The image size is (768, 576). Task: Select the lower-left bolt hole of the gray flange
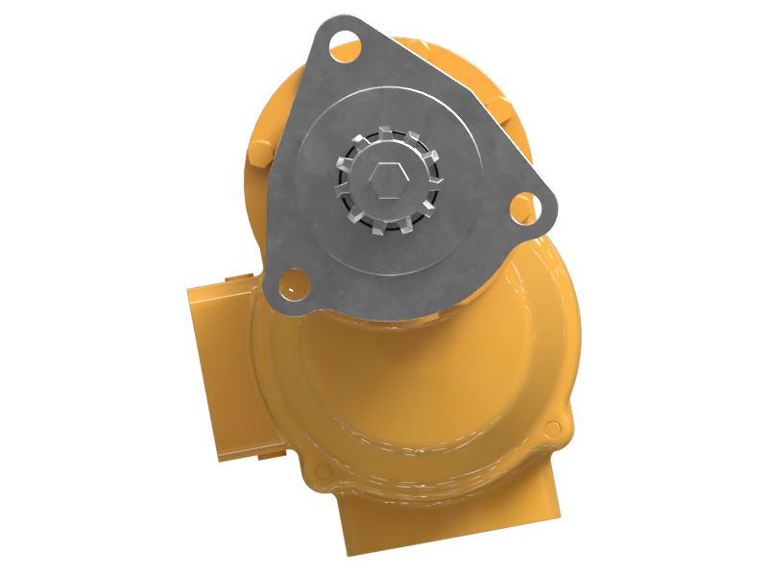pyautogui.click(x=287, y=281)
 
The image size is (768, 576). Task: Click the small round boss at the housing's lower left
pyautogui.click(x=323, y=470)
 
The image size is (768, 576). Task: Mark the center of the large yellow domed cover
pyautogui.click(x=422, y=384)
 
